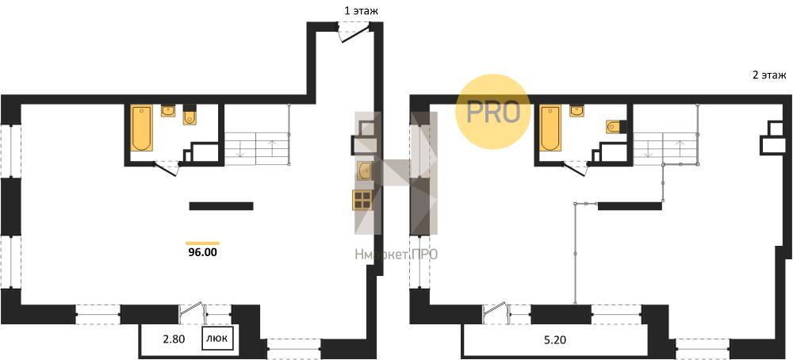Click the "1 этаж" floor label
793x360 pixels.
(x=361, y=10)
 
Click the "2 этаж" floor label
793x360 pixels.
(x=769, y=76)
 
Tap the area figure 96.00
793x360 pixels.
(x=201, y=252)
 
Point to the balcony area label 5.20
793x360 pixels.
(x=556, y=340)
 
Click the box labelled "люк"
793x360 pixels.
(x=218, y=339)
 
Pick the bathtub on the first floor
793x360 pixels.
(x=142, y=128)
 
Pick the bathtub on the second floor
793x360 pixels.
(x=550, y=128)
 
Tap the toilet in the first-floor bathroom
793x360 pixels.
(x=190, y=115)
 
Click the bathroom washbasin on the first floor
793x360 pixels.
(x=168, y=111)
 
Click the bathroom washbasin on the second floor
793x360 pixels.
(x=577, y=111)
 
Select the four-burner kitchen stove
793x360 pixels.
(x=362, y=200)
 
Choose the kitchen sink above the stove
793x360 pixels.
(x=365, y=170)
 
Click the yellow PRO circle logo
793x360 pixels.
(x=493, y=112)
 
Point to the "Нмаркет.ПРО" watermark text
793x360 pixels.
(x=396, y=255)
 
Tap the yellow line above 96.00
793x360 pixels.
(x=202, y=243)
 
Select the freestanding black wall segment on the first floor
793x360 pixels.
(x=221, y=206)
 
